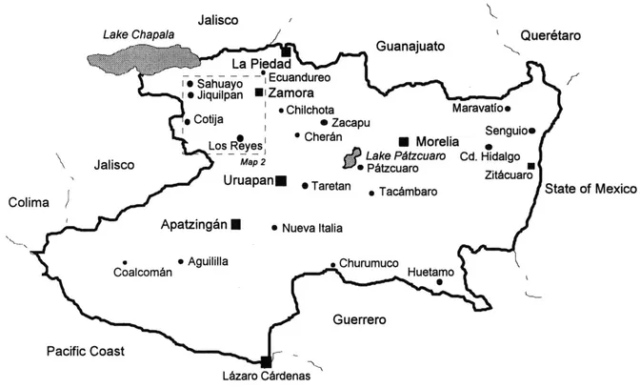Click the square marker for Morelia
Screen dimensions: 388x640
click(403, 140)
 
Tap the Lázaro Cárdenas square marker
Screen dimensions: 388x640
click(265, 360)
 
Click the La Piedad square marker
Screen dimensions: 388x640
click(286, 51)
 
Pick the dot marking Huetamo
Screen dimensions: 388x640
click(440, 281)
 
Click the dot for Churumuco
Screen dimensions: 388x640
click(331, 265)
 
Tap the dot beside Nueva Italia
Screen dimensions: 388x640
click(274, 228)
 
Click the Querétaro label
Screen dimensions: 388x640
click(550, 34)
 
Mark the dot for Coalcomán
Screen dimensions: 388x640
click(125, 262)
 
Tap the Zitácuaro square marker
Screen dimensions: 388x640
click(530, 166)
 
